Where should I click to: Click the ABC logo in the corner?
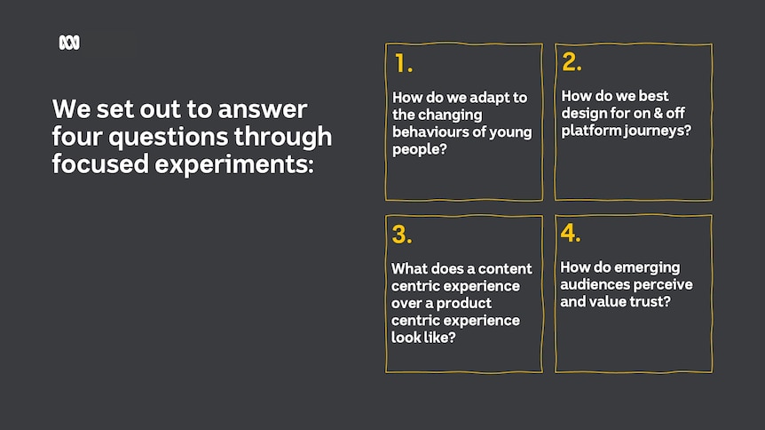(69, 43)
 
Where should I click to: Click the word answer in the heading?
(263, 109)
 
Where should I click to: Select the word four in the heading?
(77, 136)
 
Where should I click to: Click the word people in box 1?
(416, 149)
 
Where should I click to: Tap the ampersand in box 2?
(659, 113)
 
